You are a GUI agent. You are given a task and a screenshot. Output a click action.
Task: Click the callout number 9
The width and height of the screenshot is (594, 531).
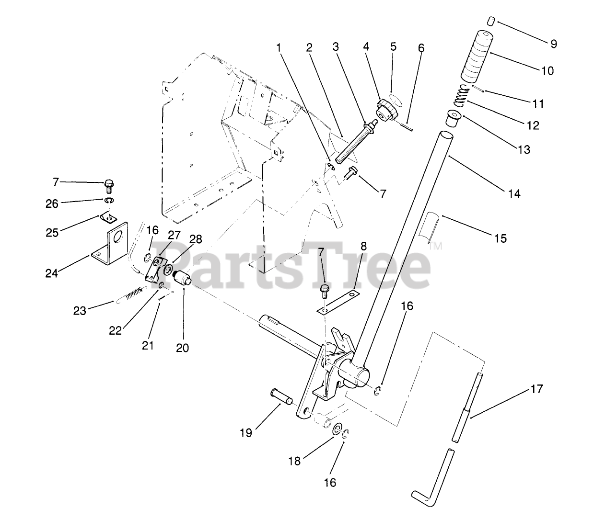pyautogui.click(x=553, y=44)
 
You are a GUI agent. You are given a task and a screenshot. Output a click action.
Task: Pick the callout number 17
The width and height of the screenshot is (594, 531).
pyautogui.click(x=537, y=389)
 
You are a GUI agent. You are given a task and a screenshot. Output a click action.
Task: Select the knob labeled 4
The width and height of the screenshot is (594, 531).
pyautogui.click(x=385, y=110)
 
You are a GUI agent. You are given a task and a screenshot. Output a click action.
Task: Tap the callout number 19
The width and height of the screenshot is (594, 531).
pyautogui.click(x=246, y=433)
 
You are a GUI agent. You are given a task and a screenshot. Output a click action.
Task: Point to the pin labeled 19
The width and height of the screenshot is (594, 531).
pyautogui.click(x=282, y=396)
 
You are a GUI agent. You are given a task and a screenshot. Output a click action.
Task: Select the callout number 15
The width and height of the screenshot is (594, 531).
pyautogui.click(x=500, y=238)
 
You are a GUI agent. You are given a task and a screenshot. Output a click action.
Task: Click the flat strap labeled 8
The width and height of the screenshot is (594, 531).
pyautogui.click(x=338, y=301)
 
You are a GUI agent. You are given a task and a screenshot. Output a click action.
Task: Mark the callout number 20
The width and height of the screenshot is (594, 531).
pyautogui.click(x=182, y=348)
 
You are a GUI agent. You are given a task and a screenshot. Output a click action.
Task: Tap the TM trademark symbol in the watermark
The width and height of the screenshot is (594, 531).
pyautogui.click(x=435, y=247)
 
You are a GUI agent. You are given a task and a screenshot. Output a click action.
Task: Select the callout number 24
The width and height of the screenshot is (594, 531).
pyautogui.click(x=52, y=273)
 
